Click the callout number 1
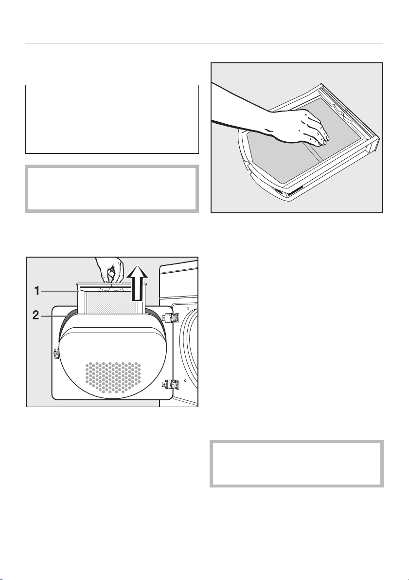click(37, 291)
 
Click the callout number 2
click(36, 315)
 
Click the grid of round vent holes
click(113, 377)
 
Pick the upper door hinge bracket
click(172, 317)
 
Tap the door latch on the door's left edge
click(56, 353)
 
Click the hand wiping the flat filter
click(299, 128)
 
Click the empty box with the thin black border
click(112, 119)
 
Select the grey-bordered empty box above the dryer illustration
click(112, 188)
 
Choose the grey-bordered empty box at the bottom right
click(297, 464)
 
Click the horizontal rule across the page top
click(204, 43)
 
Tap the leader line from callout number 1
click(59, 292)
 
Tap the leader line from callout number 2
click(54, 316)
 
